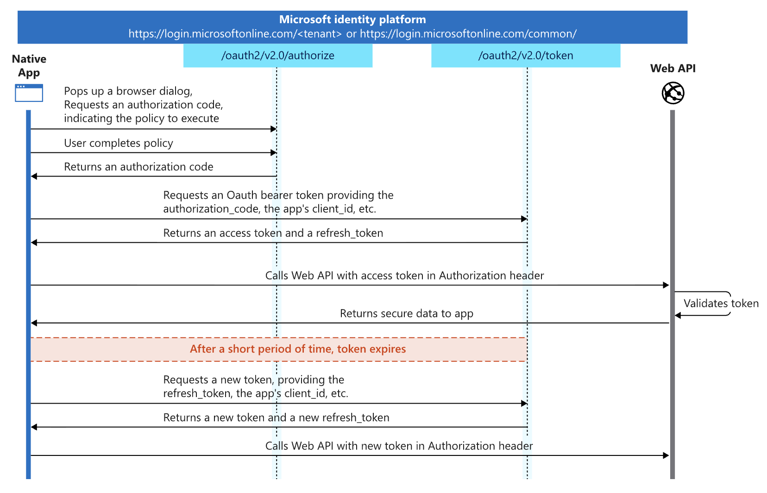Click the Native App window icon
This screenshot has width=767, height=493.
[29, 93]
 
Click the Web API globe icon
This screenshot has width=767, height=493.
[673, 93]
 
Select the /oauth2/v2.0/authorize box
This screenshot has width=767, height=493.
[277, 56]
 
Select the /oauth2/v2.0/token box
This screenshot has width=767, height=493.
[525, 56]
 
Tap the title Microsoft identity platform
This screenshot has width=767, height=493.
[352, 19]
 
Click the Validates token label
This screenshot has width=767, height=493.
[721, 303]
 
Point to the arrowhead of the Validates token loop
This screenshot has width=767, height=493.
[678, 316]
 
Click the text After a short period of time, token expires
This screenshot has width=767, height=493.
[297, 349]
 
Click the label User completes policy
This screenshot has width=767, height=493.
[118, 143]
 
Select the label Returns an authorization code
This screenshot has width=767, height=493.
[138, 167]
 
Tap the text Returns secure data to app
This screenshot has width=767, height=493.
[406, 314]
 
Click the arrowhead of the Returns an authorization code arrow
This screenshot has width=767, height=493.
[34, 176]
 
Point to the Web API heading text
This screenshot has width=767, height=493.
[673, 69]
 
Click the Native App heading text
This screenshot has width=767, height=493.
[29, 66]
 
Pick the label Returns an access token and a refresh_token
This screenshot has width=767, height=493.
[273, 233]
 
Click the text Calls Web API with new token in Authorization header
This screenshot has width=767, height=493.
[399, 446]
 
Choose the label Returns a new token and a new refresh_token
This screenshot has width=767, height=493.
[276, 417]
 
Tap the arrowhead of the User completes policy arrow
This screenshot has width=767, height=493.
[274, 152]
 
